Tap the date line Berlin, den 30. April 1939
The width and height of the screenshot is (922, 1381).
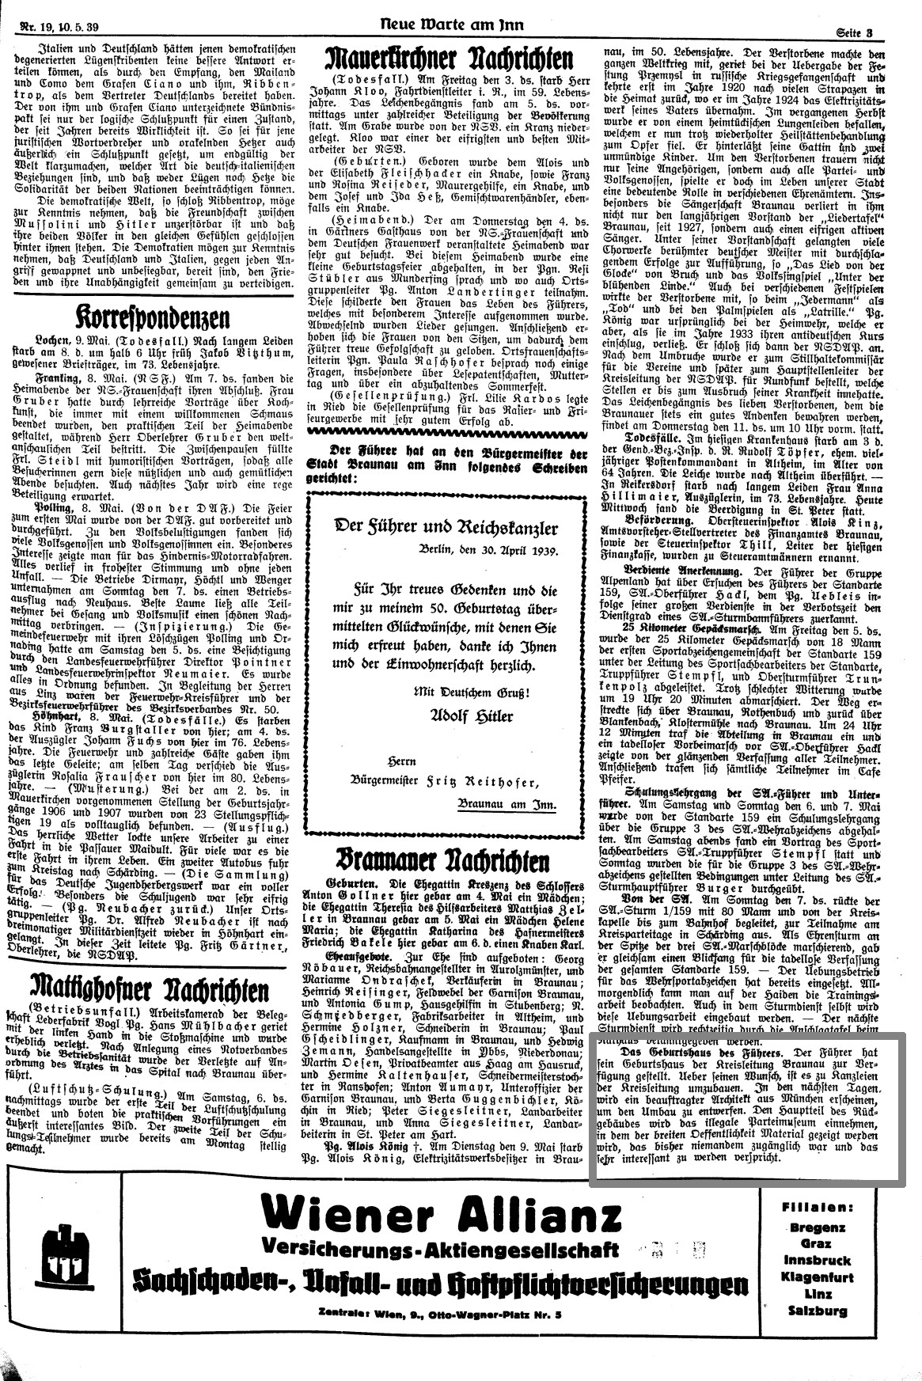click(488, 551)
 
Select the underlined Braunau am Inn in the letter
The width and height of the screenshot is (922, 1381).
click(507, 805)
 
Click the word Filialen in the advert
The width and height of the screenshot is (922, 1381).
click(817, 1208)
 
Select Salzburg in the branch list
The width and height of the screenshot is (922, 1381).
click(818, 1311)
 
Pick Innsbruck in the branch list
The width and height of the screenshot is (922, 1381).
click(818, 1260)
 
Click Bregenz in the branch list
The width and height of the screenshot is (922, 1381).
click(818, 1228)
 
